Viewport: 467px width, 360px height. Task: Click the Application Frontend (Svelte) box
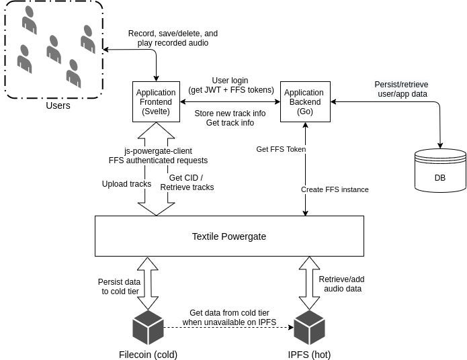point(156,102)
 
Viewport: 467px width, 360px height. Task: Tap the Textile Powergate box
point(229,236)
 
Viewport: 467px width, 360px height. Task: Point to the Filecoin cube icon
point(148,327)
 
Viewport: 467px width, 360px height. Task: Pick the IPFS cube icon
point(309,327)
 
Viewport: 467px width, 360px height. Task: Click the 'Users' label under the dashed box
point(58,106)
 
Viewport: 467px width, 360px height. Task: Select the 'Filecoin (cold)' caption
point(148,354)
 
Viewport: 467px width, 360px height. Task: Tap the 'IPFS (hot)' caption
point(308,354)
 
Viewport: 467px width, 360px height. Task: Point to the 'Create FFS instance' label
point(335,189)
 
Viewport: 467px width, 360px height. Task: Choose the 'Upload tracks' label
point(126,183)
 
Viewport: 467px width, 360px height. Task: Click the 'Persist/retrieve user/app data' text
point(401,89)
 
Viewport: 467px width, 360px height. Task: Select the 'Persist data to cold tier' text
point(120,287)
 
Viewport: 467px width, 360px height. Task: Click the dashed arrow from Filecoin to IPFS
point(228,327)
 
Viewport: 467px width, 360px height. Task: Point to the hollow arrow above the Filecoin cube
point(148,282)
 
